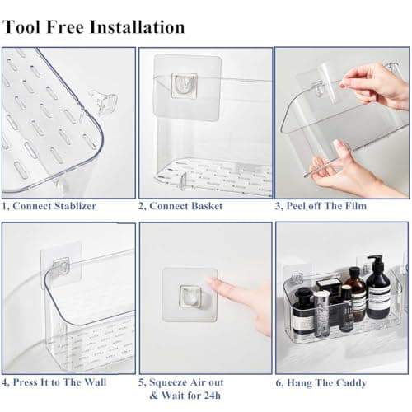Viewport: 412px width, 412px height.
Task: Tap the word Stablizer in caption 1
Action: (69, 206)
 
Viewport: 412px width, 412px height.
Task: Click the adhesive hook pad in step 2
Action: (185, 84)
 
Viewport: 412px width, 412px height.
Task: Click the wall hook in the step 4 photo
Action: (60, 265)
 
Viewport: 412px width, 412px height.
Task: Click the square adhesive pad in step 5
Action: (189, 293)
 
